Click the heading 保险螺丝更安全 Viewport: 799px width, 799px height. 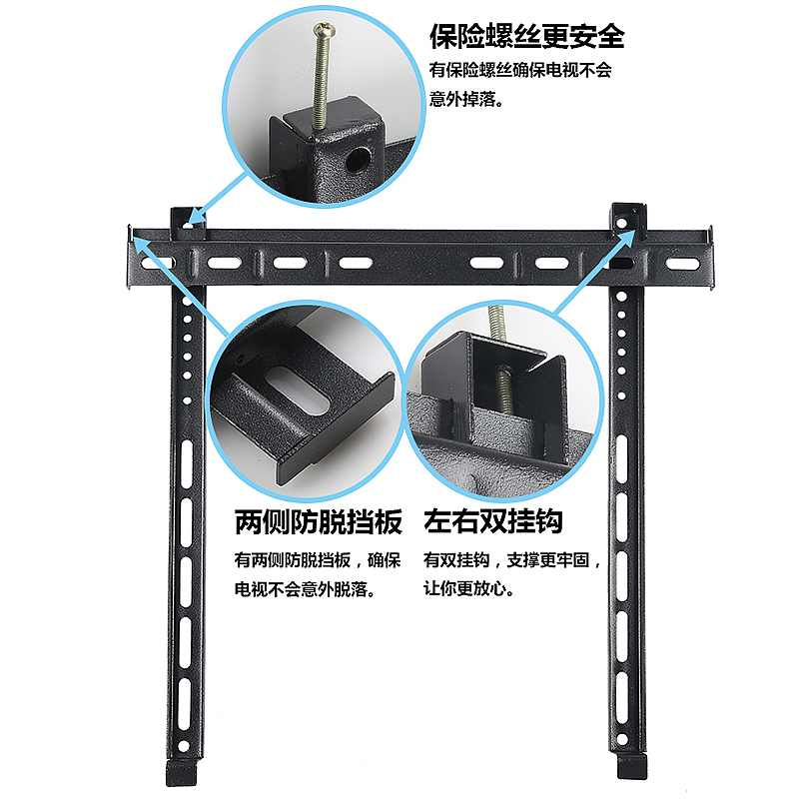tap(526, 37)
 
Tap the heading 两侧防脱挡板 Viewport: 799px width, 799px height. tap(318, 521)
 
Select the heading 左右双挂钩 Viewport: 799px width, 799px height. tap(493, 521)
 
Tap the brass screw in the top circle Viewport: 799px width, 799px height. tap(322, 76)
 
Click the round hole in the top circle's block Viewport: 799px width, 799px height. tap(356, 157)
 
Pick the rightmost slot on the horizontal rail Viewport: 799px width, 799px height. tap(682, 265)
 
